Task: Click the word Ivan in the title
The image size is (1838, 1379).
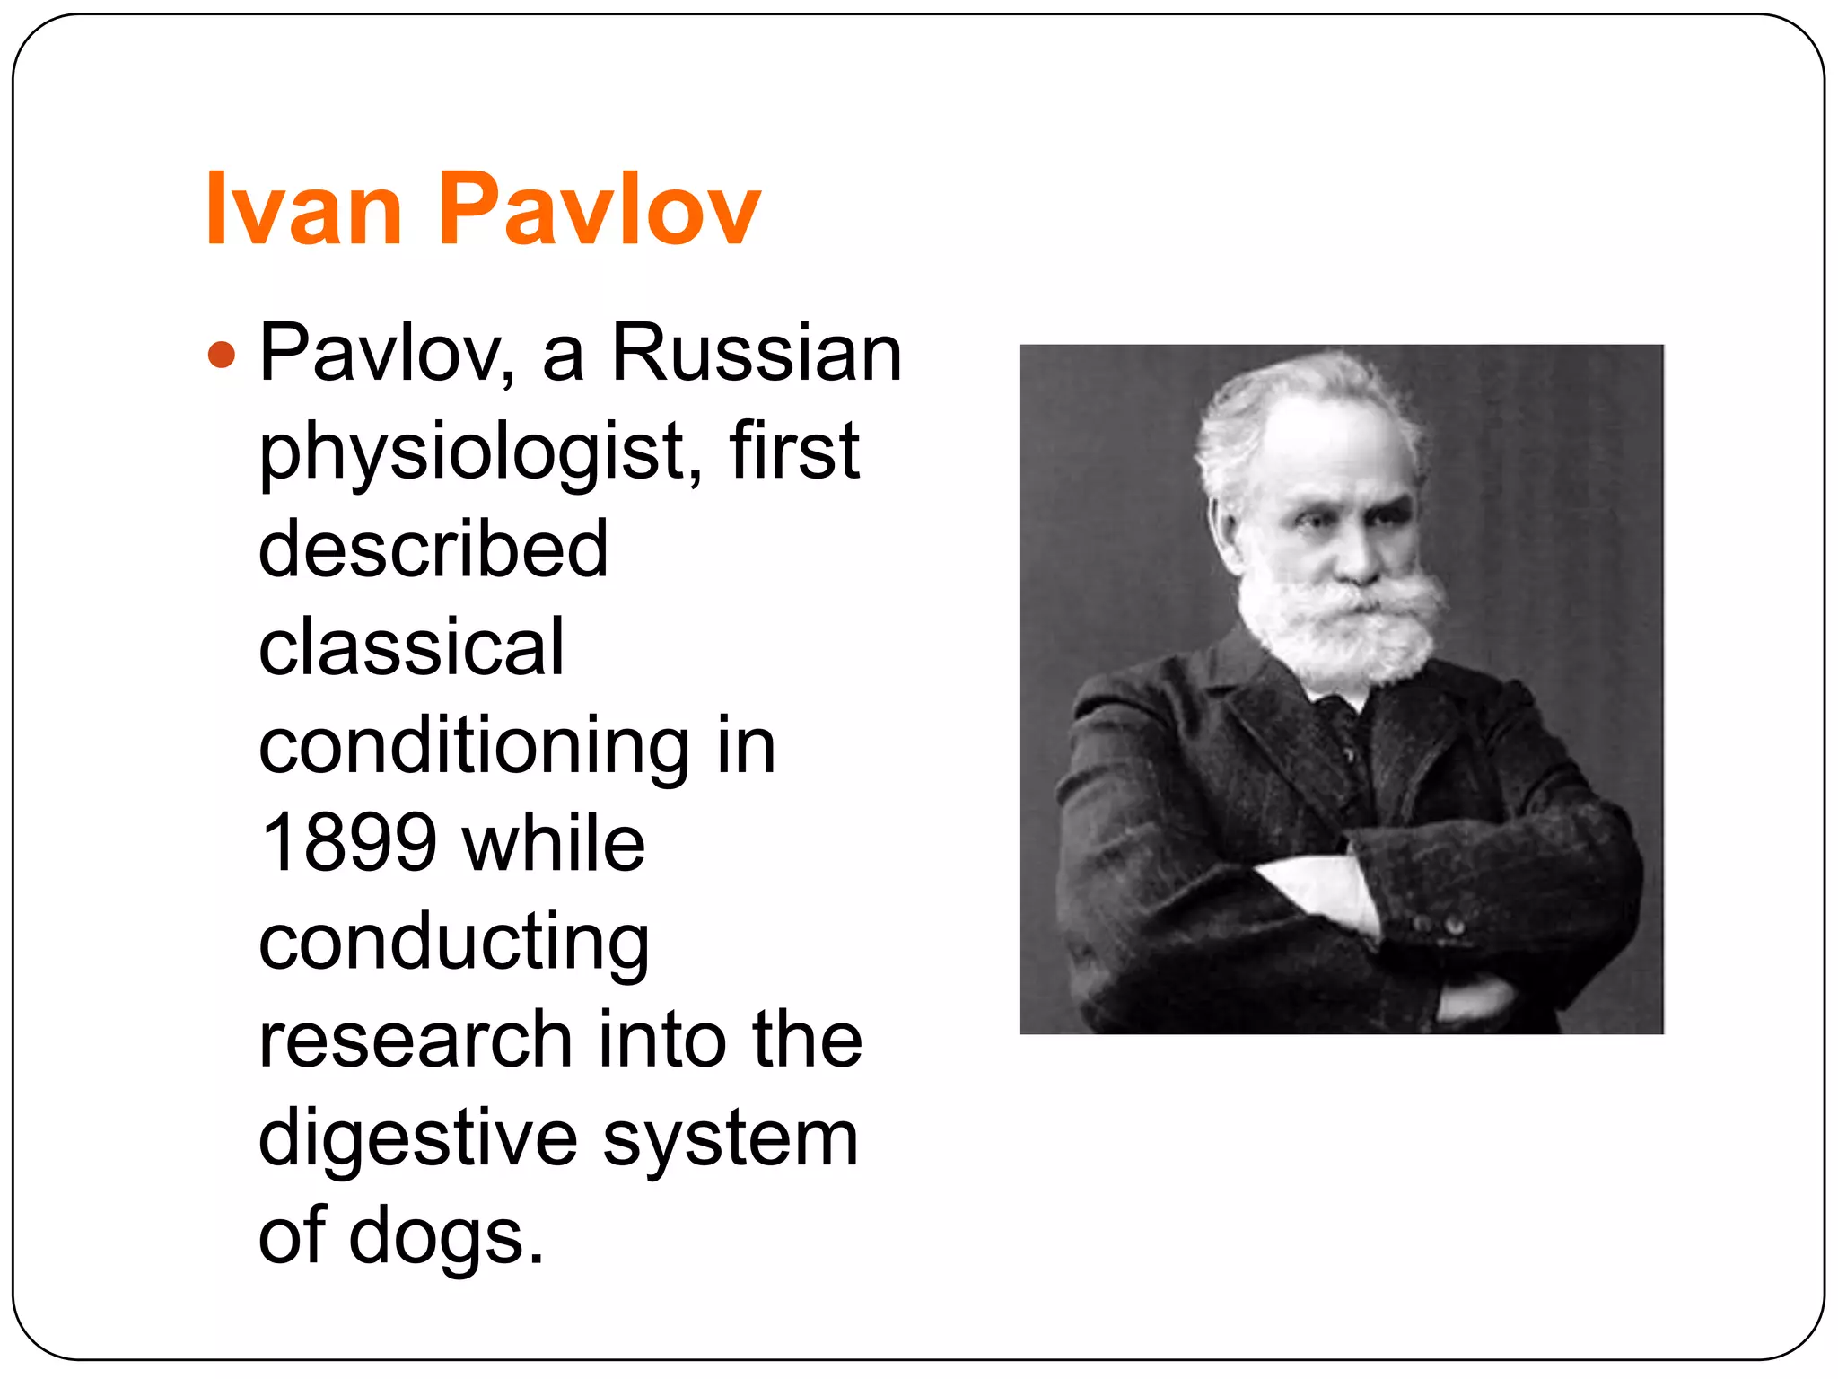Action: (303, 209)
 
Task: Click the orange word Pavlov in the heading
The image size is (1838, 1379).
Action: (599, 209)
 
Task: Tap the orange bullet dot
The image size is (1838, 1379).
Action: (221, 355)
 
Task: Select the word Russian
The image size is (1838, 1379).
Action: (756, 353)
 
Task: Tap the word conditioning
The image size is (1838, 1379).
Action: (474, 746)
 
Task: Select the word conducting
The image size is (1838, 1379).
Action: (453, 943)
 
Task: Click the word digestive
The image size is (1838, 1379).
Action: (417, 1138)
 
